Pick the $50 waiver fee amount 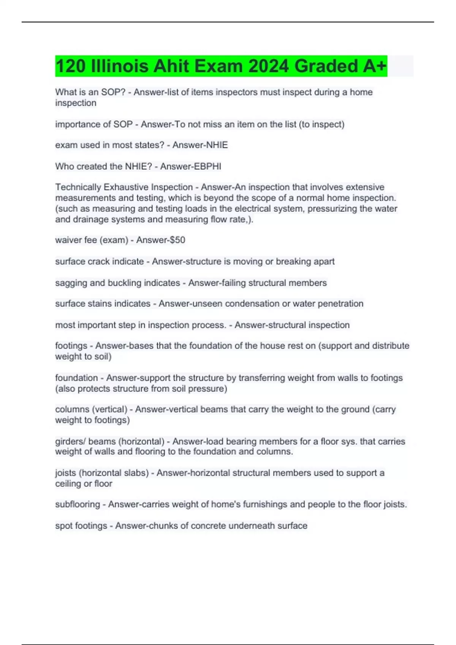click(176, 240)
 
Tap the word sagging click(71, 283)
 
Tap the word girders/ click(71, 442)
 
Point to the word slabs click(135, 473)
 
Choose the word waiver click(68, 240)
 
